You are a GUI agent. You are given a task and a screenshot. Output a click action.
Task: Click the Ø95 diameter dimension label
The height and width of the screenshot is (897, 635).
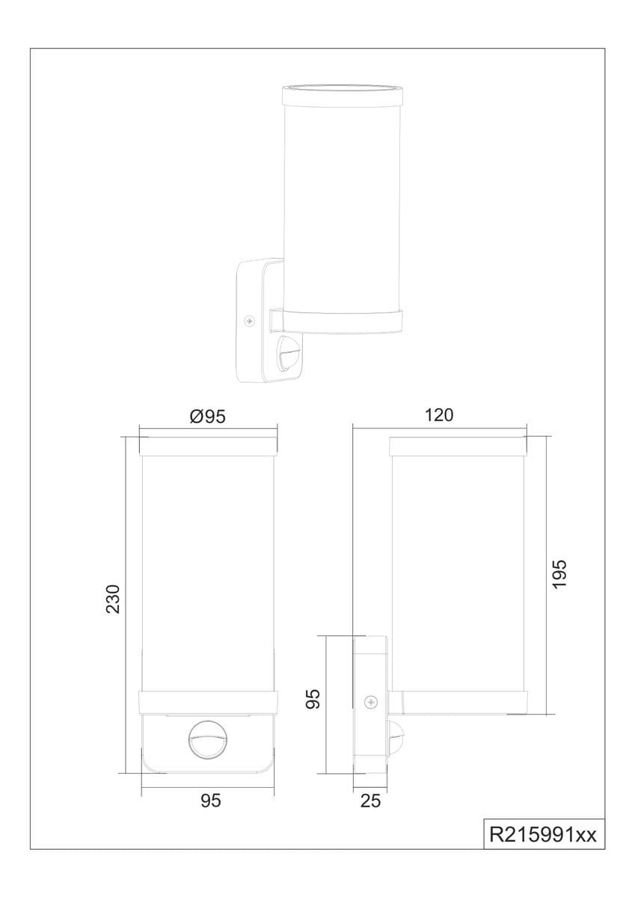[207, 417]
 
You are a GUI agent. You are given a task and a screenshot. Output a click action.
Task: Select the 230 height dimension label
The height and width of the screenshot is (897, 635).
[113, 599]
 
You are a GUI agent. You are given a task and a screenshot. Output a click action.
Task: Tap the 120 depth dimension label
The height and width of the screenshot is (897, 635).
[439, 415]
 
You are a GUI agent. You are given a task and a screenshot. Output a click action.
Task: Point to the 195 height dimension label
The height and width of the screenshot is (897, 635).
[559, 574]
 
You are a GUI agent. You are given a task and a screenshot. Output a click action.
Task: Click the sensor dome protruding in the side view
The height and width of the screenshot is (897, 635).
[396, 739]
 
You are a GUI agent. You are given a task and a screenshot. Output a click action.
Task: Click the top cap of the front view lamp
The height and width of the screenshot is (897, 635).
[208, 446]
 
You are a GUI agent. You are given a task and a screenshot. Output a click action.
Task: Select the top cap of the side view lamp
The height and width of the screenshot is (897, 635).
[458, 446]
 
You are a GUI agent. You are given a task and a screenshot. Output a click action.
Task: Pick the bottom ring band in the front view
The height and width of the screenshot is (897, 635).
[208, 702]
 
